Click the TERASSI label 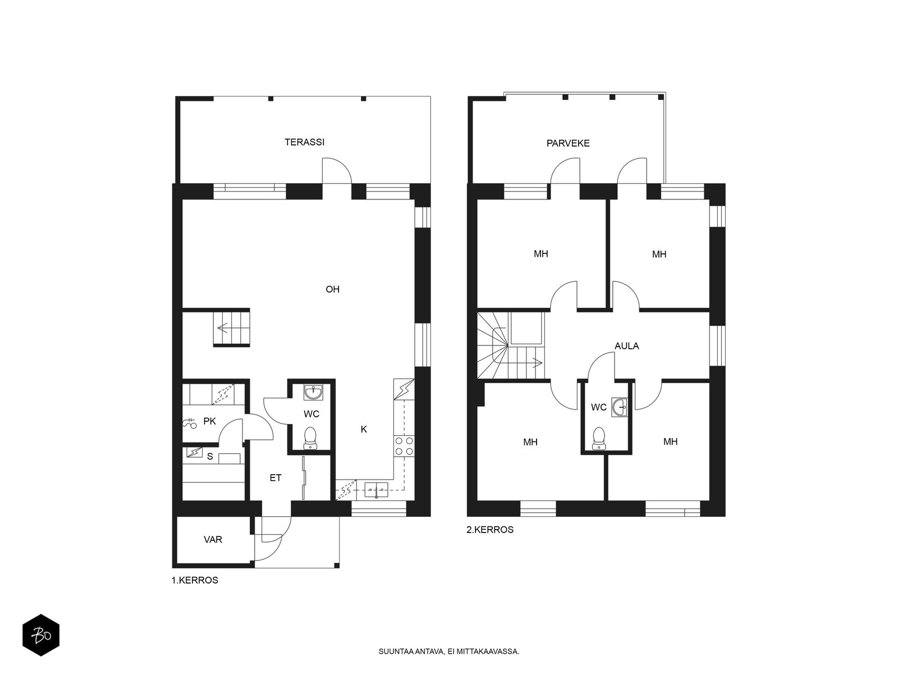(x=304, y=142)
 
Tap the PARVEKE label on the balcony (x=568, y=143)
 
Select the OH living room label (x=333, y=289)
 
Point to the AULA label (x=626, y=346)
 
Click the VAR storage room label (x=213, y=539)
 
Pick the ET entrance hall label (x=276, y=477)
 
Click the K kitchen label (x=364, y=429)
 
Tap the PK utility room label (x=209, y=421)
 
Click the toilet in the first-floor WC (x=310, y=438)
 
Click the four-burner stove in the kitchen (x=404, y=446)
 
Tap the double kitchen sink (x=377, y=489)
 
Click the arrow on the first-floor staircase (x=223, y=327)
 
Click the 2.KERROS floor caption (x=490, y=530)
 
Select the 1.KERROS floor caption (x=195, y=580)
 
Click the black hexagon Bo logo (x=41, y=636)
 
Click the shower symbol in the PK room (x=189, y=423)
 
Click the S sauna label (x=210, y=457)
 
